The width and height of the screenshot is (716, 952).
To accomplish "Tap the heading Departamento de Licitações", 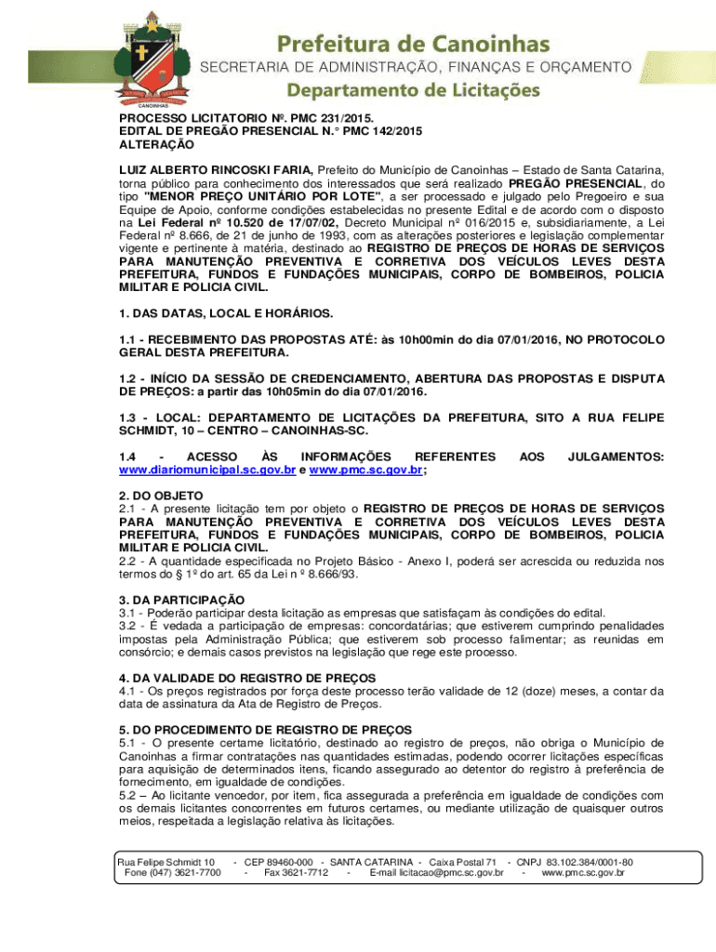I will click(x=412, y=90).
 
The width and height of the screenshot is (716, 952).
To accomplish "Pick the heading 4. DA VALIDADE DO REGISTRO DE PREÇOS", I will click(x=247, y=678).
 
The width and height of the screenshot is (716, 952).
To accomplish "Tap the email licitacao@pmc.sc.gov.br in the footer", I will click(x=436, y=873).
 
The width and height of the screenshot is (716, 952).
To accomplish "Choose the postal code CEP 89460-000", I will click(x=279, y=862).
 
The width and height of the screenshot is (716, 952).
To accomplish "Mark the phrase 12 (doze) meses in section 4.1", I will click(x=550, y=691).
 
